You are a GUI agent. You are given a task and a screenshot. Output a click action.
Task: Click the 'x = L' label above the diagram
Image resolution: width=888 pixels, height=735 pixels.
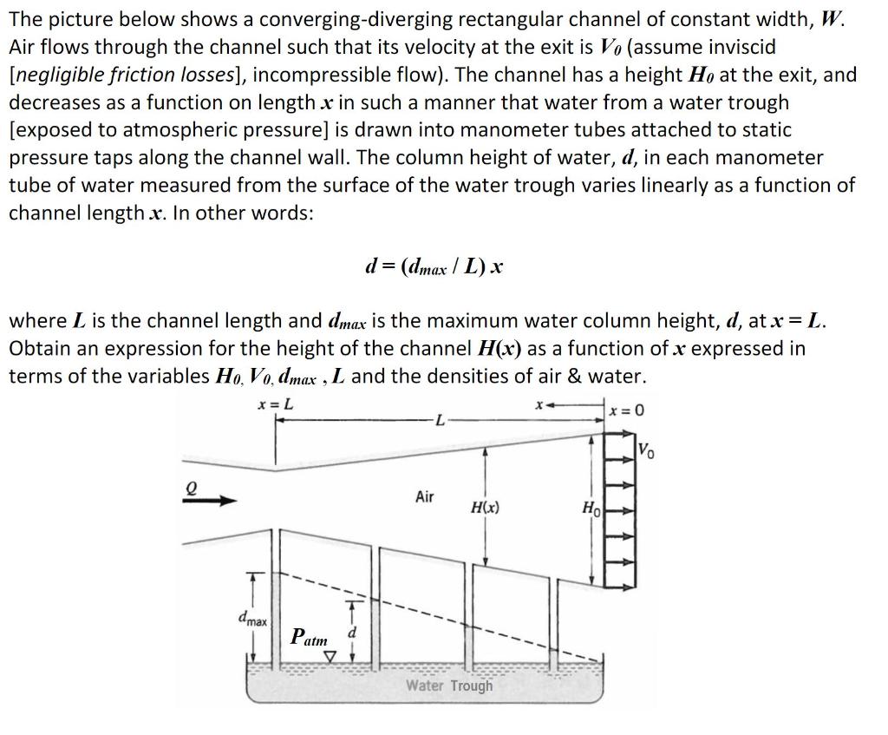click(x=276, y=404)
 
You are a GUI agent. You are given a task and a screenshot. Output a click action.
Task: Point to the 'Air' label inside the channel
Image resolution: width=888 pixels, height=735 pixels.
click(x=424, y=496)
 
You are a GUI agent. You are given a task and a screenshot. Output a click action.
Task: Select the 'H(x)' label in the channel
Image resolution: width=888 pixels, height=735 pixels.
click(x=484, y=506)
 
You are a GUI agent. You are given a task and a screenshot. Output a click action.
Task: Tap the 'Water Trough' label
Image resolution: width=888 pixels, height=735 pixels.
click(x=449, y=686)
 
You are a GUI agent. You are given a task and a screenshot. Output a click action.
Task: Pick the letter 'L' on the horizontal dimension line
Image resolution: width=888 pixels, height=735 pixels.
click(x=441, y=422)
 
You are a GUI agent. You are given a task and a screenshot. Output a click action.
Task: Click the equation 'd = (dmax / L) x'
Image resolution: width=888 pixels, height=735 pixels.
click(x=434, y=266)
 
